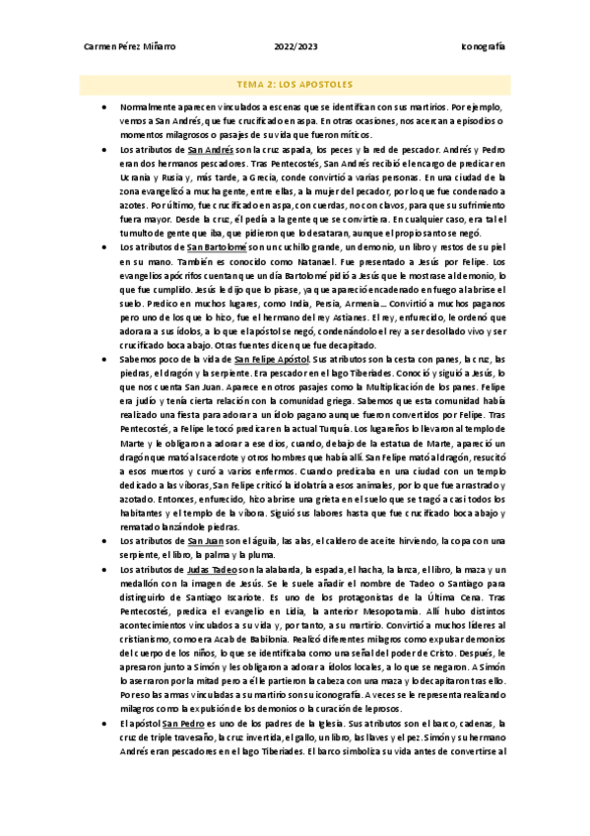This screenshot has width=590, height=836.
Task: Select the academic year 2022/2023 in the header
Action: pyautogui.click(x=295, y=46)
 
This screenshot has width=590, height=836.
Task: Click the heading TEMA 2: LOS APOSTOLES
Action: pyautogui.click(x=295, y=85)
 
